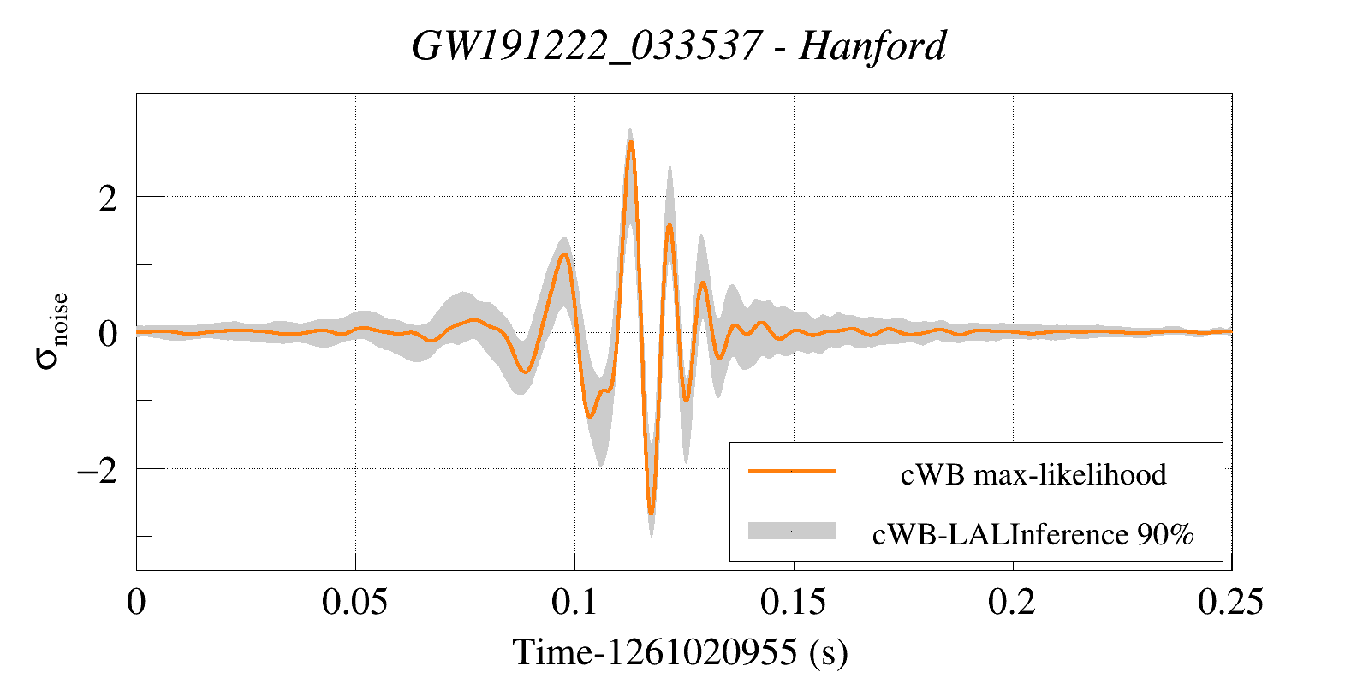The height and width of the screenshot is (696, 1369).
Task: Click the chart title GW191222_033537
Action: pos(586,45)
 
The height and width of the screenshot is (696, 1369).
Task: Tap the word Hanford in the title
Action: pos(872,45)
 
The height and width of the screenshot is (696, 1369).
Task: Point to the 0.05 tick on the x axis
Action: pos(354,602)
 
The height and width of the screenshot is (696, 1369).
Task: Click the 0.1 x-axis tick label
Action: pos(574,602)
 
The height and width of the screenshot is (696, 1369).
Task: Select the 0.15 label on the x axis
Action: pos(793,602)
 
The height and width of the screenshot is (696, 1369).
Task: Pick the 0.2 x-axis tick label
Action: pos(1012,602)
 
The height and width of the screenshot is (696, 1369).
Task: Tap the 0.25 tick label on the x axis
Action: pos(1230,602)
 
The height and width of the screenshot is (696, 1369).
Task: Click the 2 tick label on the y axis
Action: pos(108,198)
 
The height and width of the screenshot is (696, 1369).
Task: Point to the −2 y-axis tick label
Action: pos(97,470)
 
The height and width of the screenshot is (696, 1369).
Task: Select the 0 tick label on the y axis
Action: pos(108,334)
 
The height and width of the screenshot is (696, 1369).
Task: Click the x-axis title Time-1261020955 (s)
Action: pos(680,652)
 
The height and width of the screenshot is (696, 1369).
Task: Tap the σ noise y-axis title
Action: pos(52,331)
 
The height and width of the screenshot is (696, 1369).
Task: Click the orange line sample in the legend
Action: pos(791,470)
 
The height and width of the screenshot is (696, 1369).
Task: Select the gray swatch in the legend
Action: pos(791,531)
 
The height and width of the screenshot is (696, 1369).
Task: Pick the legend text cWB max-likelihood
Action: pos(1033,474)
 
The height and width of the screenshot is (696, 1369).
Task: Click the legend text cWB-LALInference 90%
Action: pos(1033,534)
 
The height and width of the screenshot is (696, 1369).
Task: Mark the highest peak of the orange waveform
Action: pos(631,143)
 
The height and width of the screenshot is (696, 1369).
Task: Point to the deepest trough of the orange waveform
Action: pos(652,513)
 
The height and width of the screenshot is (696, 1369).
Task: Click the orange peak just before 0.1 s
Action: pos(563,254)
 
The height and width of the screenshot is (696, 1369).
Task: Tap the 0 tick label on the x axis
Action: pos(136,602)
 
